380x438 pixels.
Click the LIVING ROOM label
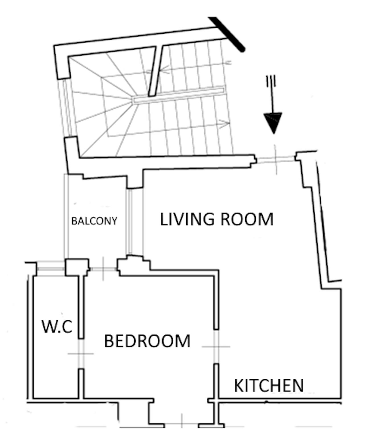(216, 219)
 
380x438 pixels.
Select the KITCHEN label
(269, 386)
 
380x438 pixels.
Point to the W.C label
(57, 326)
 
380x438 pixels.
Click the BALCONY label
(94, 221)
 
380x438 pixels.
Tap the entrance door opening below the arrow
(275, 159)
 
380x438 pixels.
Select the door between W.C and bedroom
(81, 353)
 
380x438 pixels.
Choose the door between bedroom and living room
(216, 346)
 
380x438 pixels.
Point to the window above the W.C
(50, 269)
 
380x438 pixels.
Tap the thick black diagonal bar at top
(227, 34)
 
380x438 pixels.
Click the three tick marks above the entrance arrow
(271, 81)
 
